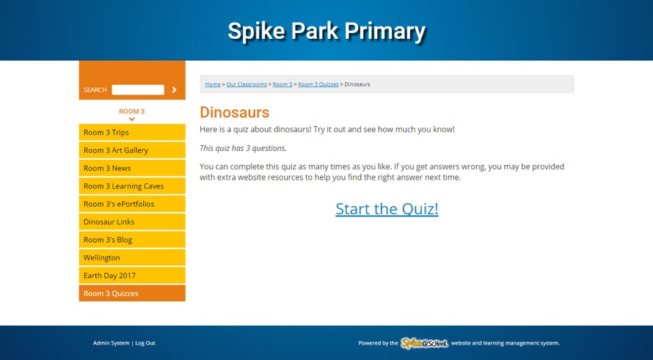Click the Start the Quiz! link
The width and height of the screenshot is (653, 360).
click(387, 209)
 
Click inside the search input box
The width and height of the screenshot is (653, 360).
click(138, 90)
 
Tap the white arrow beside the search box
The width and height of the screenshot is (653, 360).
click(174, 90)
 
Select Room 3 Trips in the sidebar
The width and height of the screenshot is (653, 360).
click(132, 133)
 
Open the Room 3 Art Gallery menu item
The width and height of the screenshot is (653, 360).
click(132, 150)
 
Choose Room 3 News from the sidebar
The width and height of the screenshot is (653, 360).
click(132, 168)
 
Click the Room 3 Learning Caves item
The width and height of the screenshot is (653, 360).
click(132, 186)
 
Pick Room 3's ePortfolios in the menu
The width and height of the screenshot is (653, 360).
click(132, 204)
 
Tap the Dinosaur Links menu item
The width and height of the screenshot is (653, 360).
click(132, 222)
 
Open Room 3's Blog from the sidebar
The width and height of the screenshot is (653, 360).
click(132, 240)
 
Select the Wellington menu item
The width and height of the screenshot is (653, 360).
click(132, 257)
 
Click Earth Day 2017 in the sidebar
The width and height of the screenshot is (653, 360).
click(132, 276)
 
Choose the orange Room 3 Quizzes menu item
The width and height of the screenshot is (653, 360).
click(132, 293)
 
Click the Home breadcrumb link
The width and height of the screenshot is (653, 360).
click(213, 84)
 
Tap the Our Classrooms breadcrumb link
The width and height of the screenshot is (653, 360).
click(247, 84)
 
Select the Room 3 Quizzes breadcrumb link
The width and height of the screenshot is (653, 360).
click(318, 84)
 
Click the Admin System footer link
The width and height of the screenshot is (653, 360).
click(112, 343)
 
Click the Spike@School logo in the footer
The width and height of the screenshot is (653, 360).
click(424, 343)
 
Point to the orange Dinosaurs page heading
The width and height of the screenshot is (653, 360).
click(235, 112)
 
